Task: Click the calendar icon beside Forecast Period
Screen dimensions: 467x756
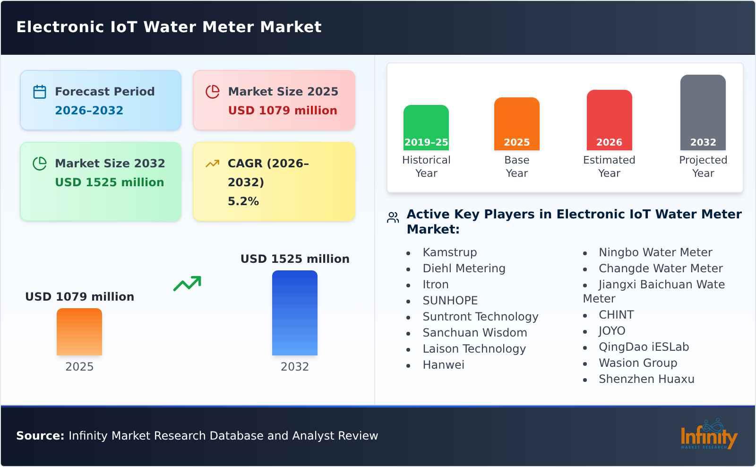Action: click(x=40, y=92)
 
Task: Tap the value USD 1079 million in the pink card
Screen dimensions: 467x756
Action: click(x=283, y=111)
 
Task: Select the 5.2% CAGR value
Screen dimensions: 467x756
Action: click(x=243, y=201)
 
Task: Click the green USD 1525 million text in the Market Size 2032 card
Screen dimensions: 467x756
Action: click(x=109, y=182)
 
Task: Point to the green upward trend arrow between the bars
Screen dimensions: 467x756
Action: click(x=187, y=284)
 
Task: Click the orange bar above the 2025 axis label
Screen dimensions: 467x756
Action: click(x=79, y=332)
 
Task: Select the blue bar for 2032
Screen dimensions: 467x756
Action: click(x=294, y=313)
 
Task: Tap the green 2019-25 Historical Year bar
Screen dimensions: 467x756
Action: click(x=426, y=128)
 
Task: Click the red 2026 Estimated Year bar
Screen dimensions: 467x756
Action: click(x=609, y=120)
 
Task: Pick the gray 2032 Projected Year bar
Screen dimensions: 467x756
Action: click(x=703, y=112)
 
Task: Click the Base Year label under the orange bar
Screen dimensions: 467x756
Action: click(x=516, y=166)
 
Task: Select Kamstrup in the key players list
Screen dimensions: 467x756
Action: click(x=449, y=252)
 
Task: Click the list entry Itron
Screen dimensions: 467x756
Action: click(x=435, y=285)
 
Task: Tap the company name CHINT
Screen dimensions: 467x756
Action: click(x=616, y=315)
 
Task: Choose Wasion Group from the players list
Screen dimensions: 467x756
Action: click(x=638, y=363)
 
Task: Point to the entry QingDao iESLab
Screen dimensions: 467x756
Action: click(x=644, y=347)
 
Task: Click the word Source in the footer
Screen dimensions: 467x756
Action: click(x=40, y=436)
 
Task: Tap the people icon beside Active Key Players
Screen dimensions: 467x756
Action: click(x=393, y=217)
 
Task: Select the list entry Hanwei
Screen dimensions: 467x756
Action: click(x=443, y=365)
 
